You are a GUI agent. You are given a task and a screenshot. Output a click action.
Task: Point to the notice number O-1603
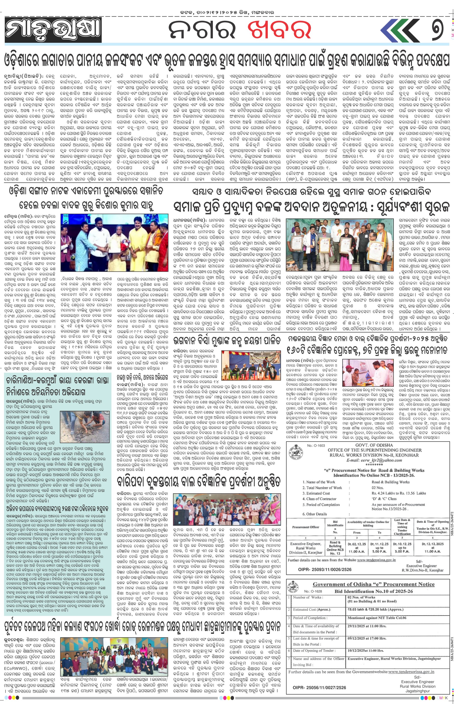click(x=316, y=445)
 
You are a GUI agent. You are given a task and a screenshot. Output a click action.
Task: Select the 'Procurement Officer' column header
click(x=306, y=527)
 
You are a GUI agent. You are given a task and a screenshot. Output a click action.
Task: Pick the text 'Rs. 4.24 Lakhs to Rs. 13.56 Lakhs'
click(x=399, y=493)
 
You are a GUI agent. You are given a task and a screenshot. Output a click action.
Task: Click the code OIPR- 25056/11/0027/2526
click(x=319, y=688)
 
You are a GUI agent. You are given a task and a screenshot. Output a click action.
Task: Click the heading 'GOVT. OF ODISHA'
click(x=374, y=445)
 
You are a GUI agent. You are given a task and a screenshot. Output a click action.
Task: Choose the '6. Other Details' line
click(x=315, y=514)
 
